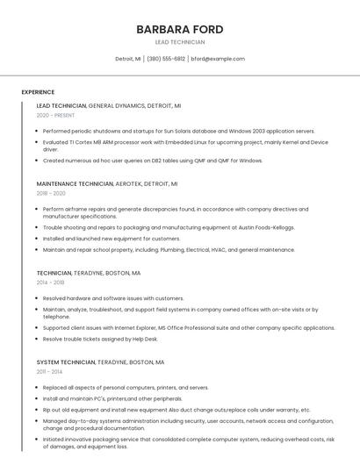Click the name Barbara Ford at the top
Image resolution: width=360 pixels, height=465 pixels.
tap(179, 29)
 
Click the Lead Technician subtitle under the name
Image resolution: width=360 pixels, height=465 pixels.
tap(179, 42)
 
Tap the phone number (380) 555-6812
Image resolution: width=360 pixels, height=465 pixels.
tap(166, 59)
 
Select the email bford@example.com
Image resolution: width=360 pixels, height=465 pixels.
tap(218, 59)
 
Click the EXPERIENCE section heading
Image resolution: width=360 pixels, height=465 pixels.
tap(38, 92)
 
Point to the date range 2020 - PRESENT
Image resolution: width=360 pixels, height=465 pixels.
tap(55, 115)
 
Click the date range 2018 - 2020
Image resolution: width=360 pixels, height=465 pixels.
tap(51, 193)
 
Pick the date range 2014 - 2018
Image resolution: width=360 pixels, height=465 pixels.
tap(50, 283)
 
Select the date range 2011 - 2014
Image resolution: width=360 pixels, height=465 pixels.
tap(49, 371)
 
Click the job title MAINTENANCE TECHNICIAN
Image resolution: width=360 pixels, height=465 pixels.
tap(75, 184)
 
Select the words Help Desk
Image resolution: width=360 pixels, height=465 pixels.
tap(144, 339)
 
